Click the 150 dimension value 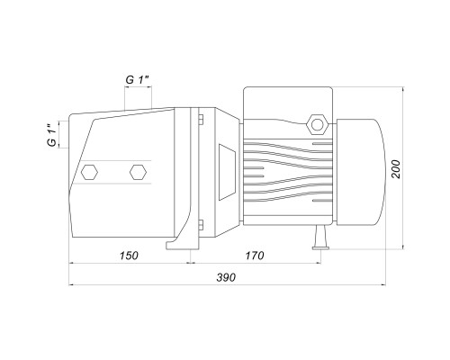pos(129,256)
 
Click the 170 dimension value pos(255,256)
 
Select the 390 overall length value pos(226,277)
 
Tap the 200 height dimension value pos(396,169)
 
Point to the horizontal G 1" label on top pos(138,80)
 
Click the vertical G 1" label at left pos(51,135)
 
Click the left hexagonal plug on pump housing pos(89,172)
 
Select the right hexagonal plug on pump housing pos(138,172)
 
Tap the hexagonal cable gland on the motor pos(317,124)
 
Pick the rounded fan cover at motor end pos(360,172)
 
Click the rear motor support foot pos(320,238)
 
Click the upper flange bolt pos(201,119)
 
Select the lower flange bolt pos(201,225)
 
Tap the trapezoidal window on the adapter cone pos(227,172)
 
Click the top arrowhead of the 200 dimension pos(403,89)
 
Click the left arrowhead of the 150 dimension pos(72,264)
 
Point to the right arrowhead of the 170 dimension pos(318,264)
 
